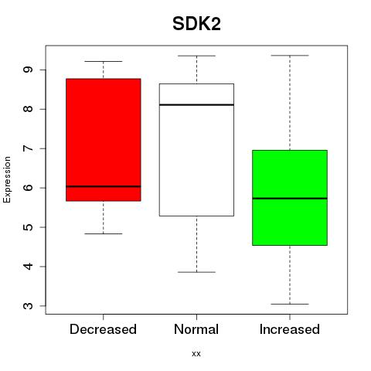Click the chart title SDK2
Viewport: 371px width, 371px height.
[196, 24]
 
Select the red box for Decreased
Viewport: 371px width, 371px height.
[104, 140]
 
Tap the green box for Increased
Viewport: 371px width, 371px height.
[290, 198]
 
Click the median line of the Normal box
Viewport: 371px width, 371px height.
[196, 104]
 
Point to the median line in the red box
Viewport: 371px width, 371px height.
[104, 186]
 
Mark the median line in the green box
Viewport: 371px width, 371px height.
[290, 199]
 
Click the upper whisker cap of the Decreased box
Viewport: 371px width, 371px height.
[104, 61]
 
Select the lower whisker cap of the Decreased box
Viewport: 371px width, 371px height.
[104, 233]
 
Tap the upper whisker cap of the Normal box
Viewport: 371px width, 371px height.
[196, 56]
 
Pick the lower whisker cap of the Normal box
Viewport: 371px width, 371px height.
[196, 272]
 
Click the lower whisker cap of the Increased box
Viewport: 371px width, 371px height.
[290, 304]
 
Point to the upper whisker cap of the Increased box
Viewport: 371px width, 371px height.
[290, 56]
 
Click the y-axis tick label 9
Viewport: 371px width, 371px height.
[29, 70]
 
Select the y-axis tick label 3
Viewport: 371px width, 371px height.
[29, 306]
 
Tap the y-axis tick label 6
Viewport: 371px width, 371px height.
[29, 188]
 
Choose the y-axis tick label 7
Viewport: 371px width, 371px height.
[29, 148]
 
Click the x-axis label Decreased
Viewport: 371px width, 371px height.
[103, 329]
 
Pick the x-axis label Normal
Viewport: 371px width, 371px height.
[196, 329]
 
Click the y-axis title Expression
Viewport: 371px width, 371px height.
[7, 179]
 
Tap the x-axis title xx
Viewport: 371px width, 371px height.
[196, 354]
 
